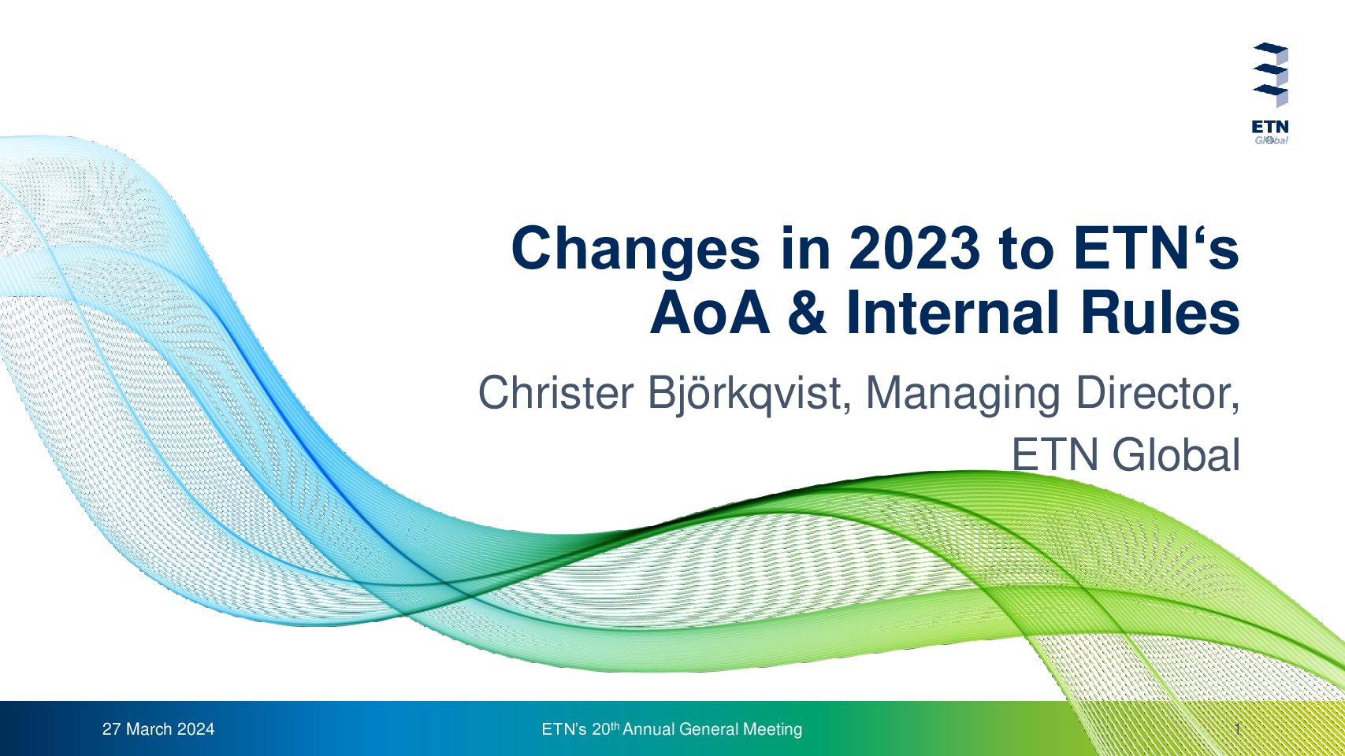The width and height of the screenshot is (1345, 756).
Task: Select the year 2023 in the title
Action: pos(915,247)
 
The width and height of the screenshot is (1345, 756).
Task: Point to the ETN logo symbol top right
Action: pos(1270,74)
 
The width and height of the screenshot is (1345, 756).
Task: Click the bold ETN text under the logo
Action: pos(1270,127)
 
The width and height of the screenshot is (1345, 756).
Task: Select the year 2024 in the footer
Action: pos(195,729)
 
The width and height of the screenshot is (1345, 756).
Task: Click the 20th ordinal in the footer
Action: pos(605,728)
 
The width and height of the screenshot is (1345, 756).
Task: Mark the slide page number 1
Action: pos(1238,729)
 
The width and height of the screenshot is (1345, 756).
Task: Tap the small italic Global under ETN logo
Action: pos(1271,140)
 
